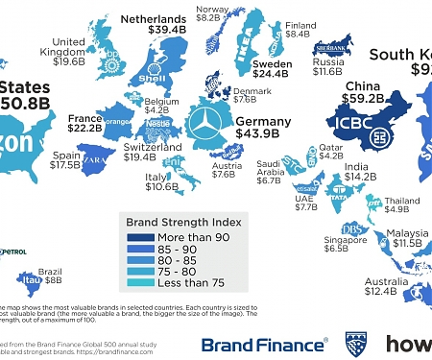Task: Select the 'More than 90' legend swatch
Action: (135, 236)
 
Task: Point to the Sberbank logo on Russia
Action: (330, 45)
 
